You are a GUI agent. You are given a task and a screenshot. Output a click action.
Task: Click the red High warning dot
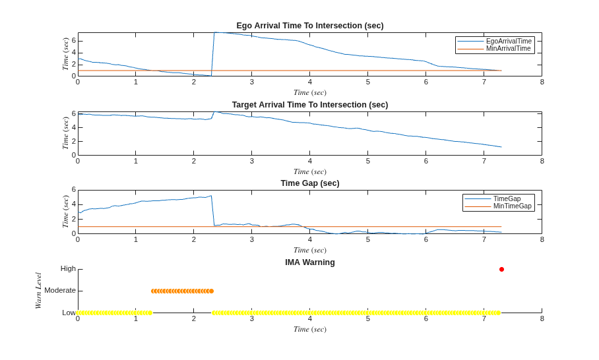coord(501,270)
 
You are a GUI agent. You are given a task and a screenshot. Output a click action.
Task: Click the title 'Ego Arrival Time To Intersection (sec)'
coord(310,26)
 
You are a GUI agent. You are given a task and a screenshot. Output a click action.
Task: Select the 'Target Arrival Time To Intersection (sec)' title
coord(310,105)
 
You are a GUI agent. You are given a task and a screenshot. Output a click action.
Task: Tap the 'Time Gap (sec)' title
coord(310,183)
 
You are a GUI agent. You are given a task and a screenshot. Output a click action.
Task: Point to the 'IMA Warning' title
coord(310,262)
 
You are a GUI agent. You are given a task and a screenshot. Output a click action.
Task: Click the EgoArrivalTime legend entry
coord(494,42)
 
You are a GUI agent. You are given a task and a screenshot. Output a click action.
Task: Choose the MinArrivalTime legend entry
coord(494,49)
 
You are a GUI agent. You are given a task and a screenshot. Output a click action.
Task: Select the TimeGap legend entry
coord(492,198)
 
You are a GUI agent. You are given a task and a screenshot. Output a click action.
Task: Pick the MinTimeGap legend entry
coord(498,206)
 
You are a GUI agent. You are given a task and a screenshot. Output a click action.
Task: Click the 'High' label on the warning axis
coord(68,269)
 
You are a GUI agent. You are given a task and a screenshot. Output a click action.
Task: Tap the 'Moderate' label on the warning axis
coord(60,291)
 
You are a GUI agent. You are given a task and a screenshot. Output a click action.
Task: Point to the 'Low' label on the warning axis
coord(69,313)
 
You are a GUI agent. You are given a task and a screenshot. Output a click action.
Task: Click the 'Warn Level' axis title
coord(38,291)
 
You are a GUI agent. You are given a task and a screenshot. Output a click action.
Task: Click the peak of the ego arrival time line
coord(214,32)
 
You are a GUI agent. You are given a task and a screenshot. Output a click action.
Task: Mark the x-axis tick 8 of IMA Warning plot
coord(542,318)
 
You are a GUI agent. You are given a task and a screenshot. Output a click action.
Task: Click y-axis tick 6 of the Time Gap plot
coord(74,189)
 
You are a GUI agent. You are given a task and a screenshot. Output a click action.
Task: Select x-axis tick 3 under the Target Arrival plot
coord(252,161)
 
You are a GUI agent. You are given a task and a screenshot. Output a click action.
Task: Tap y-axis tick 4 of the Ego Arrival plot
coord(74,53)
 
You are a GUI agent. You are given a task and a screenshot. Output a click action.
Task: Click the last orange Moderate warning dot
coord(211,291)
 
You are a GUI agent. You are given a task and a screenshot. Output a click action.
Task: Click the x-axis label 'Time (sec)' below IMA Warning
coord(310,329)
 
